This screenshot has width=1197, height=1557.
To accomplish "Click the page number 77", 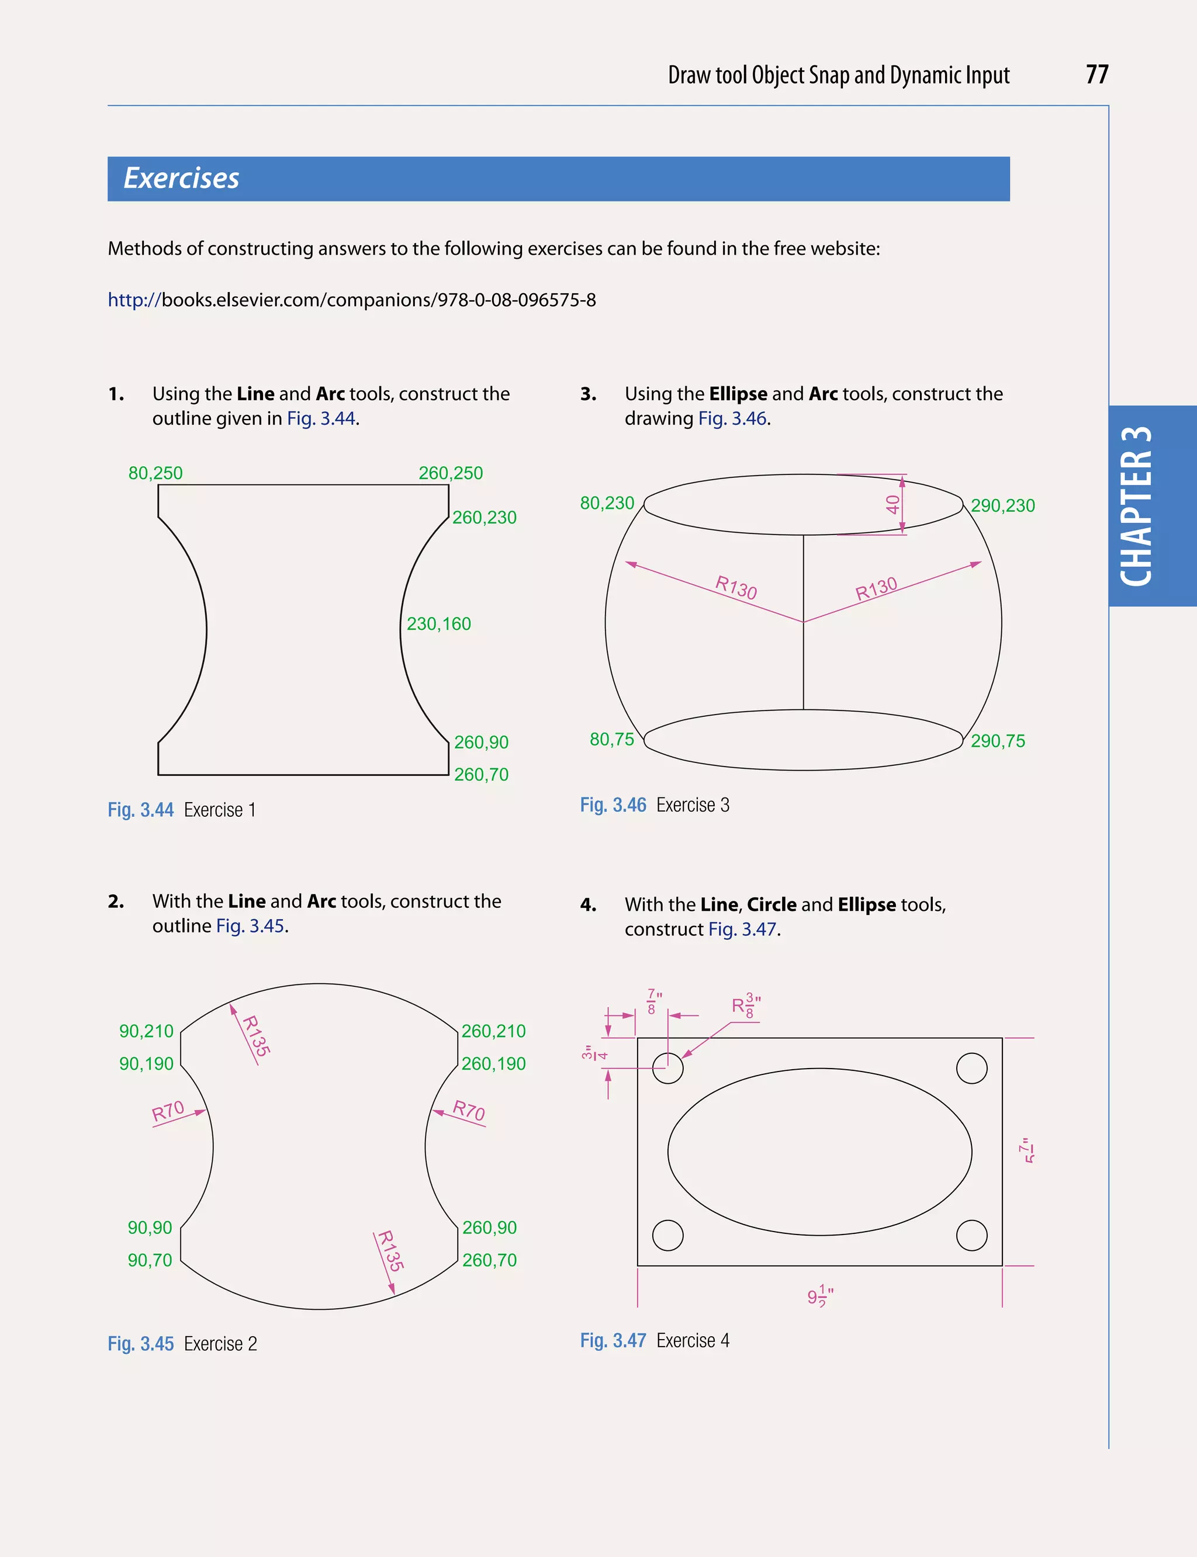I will [x=1096, y=75].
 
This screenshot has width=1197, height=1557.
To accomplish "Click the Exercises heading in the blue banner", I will [x=181, y=178].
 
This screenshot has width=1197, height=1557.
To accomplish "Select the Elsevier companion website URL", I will [x=351, y=300].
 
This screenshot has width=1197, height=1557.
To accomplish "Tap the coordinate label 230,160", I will [x=438, y=624].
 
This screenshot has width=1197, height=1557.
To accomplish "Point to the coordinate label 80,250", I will [x=155, y=473].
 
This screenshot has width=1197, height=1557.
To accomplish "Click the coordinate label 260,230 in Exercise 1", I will [x=484, y=517].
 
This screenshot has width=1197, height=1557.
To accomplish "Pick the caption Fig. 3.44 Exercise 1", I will [x=182, y=810].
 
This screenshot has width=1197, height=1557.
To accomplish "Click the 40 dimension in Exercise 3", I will [x=892, y=505].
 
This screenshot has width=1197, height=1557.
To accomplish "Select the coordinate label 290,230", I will [x=1002, y=506].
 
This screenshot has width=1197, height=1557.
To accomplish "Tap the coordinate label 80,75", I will [x=611, y=739].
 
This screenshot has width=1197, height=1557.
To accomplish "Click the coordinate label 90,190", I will [x=146, y=1063].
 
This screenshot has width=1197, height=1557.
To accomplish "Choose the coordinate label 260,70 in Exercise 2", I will [x=489, y=1260].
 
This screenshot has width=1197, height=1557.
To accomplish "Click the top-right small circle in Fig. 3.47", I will [x=972, y=1069].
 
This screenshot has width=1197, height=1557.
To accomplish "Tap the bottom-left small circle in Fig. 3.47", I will [x=667, y=1235].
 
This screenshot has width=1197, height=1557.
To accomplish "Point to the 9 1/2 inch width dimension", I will [x=820, y=1296].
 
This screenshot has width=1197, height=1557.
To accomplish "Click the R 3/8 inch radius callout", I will [x=746, y=1005].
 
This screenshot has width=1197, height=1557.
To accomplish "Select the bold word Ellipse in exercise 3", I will [x=738, y=394].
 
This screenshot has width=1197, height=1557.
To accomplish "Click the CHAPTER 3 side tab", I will [x=1138, y=507].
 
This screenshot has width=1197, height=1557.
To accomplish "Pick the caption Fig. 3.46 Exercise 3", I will [x=654, y=805].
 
